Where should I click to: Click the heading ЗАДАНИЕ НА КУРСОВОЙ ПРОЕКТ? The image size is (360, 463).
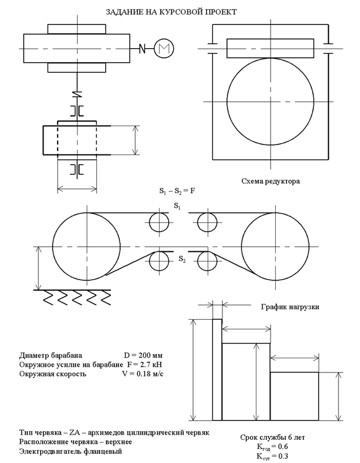point(172,11)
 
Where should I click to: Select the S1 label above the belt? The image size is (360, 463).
point(178,205)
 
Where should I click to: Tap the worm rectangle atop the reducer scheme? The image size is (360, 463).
point(270,47)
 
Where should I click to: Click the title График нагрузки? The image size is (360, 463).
point(290,307)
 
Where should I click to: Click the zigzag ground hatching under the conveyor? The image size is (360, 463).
point(71,297)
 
